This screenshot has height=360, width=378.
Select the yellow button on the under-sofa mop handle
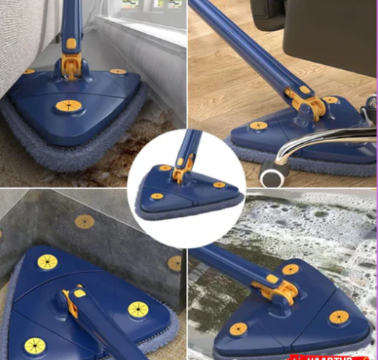[71, 44]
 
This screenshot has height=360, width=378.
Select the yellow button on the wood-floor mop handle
[304, 89]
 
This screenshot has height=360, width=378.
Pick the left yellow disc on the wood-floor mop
[258, 125]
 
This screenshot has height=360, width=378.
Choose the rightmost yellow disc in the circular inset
[219, 184]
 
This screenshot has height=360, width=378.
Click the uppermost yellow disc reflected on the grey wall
[85, 221]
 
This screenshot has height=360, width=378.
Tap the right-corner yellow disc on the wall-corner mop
[138, 308]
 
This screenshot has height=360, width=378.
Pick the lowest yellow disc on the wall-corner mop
[35, 345]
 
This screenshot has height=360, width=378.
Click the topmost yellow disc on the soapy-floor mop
[291, 269]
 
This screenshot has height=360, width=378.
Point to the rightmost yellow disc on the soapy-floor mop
[338, 317]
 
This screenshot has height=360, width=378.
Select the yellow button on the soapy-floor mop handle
[272, 280]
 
